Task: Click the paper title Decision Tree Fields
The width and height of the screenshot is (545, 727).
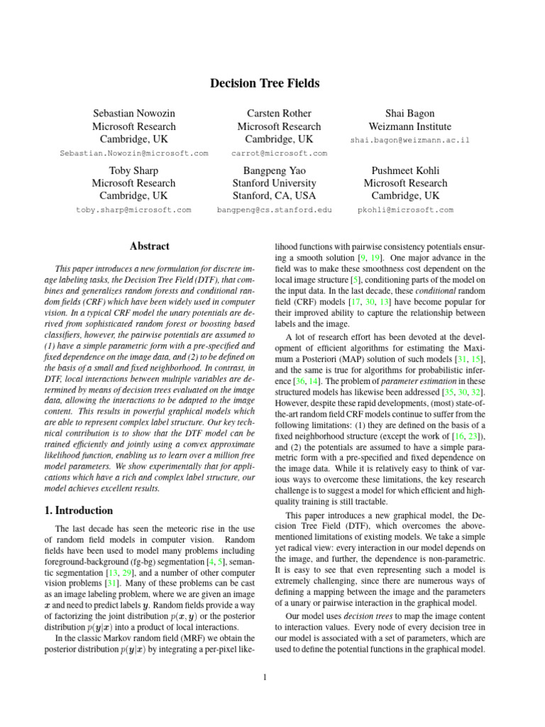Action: tap(265, 84)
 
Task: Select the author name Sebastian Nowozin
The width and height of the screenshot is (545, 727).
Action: tap(134, 114)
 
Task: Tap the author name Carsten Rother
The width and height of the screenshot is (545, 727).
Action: tap(279, 114)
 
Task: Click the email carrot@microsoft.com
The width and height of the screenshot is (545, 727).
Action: tap(279, 153)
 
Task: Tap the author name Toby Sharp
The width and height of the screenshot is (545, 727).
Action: tap(134, 170)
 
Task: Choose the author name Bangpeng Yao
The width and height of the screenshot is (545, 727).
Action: tap(279, 170)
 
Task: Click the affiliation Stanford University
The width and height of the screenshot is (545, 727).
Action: tap(279, 183)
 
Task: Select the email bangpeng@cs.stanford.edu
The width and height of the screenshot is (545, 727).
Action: tap(279, 210)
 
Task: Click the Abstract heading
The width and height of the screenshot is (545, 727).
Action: tap(149, 246)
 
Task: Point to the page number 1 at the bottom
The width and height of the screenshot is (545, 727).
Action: tap(264, 677)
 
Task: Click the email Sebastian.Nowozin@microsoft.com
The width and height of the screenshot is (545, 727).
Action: tap(134, 153)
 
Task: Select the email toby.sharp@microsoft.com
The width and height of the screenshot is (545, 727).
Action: tap(134, 210)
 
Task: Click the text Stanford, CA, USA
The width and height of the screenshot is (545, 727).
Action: tap(279, 196)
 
